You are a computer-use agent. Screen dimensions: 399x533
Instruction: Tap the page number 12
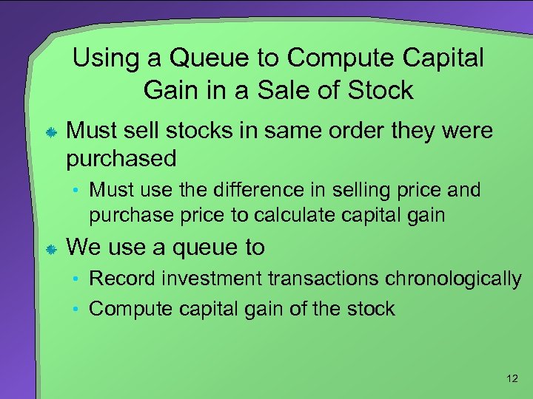pyautogui.click(x=512, y=378)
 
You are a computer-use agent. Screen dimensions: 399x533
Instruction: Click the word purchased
pyautogui.click(x=122, y=158)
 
